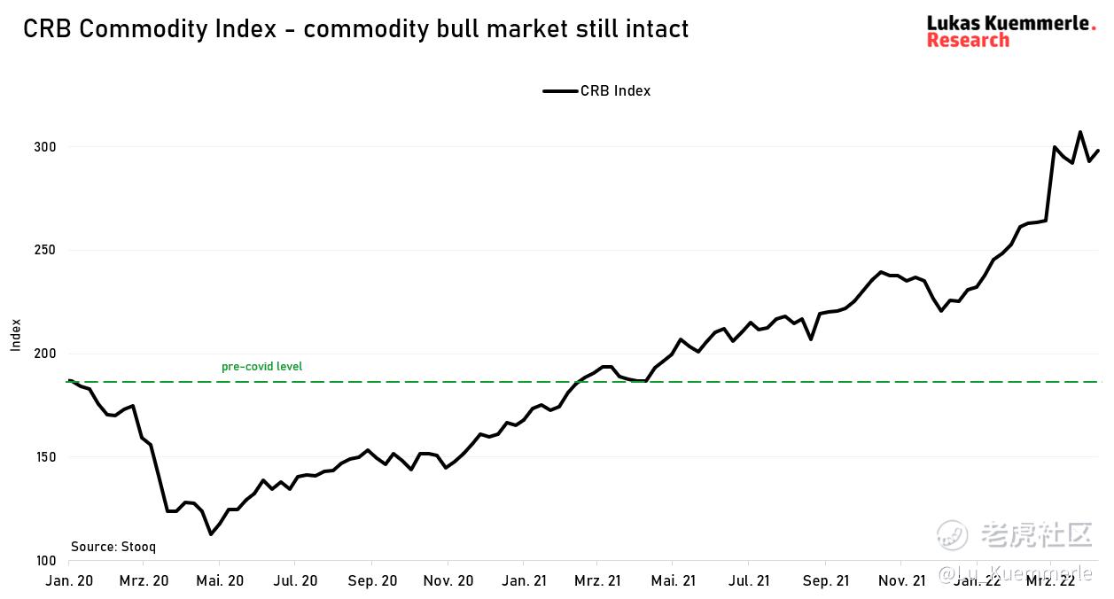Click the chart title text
355,29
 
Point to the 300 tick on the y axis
46,147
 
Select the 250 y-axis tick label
46,251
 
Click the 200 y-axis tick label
46,354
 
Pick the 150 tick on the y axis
46,458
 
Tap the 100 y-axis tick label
46,561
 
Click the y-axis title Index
16,335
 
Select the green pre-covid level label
261,367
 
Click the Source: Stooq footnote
113,547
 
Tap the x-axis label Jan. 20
68,580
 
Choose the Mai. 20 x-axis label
220,580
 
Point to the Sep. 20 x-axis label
372,580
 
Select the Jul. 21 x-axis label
749,580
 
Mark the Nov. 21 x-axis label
901,580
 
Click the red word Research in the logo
968,41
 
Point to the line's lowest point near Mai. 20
211,533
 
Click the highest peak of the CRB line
1080,132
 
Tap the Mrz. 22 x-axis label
1051,580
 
